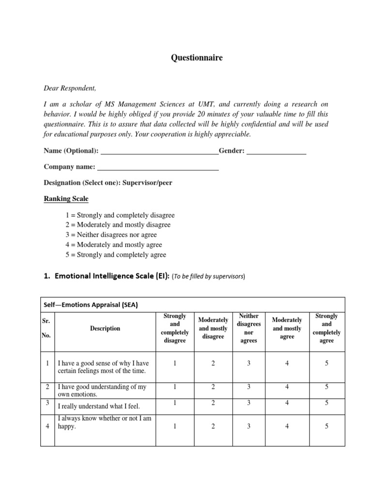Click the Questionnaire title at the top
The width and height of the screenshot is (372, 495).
(197, 58)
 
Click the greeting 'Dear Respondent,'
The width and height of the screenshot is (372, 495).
(70, 88)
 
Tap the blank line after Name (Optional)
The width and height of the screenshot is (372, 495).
(159, 151)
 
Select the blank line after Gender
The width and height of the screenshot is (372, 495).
(276, 151)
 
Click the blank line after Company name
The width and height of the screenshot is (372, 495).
(158, 167)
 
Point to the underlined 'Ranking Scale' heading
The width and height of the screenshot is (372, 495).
(66, 199)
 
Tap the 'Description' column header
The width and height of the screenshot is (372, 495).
(105, 329)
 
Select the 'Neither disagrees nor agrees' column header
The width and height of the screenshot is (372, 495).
(249, 328)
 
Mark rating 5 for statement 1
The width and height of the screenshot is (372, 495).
(326, 364)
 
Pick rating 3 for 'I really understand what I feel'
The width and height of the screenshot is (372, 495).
(249, 403)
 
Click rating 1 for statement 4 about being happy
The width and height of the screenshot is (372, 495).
(175, 426)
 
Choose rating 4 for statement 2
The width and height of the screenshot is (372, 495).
(287, 387)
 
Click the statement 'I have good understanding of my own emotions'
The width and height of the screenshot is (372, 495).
(102, 391)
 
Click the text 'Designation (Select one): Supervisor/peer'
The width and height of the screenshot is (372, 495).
(108, 183)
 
